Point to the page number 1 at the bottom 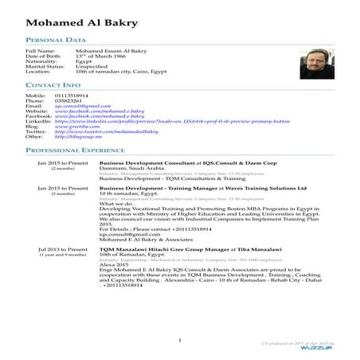(x=181, y=340)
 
